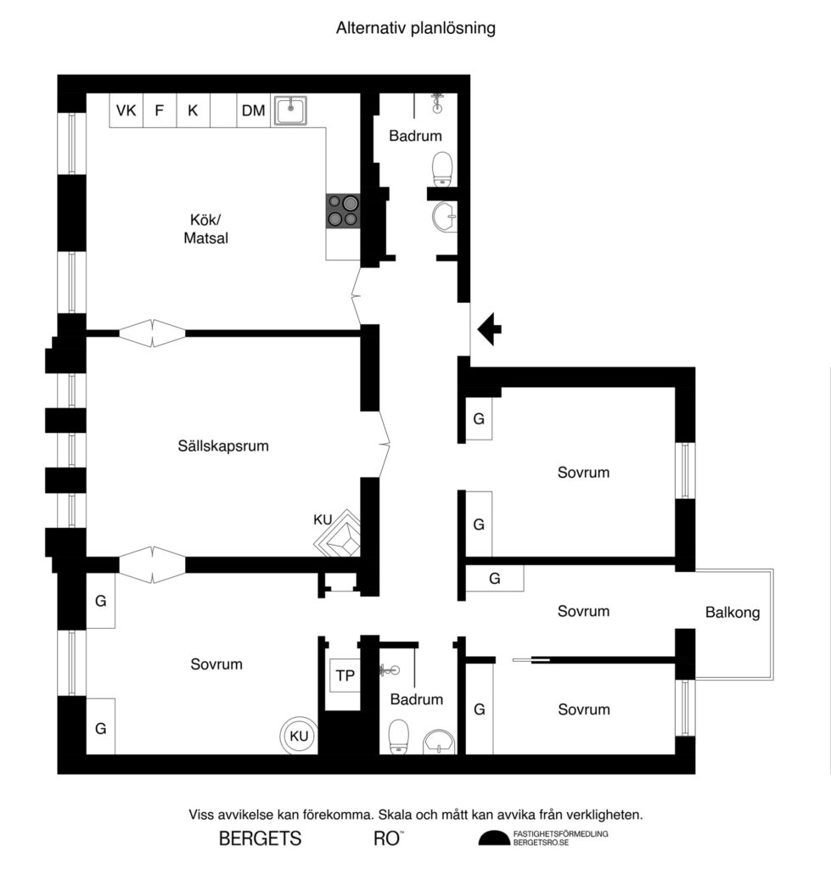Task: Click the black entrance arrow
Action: pos(490,329)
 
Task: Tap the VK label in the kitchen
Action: pos(126,110)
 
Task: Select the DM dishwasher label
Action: pos(253,110)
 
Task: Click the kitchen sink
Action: pos(290,110)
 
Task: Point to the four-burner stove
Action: pos(343,210)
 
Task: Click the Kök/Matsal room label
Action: pos(206,230)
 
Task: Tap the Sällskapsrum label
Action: pos(223,445)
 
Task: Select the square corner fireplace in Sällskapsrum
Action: pos(341,534)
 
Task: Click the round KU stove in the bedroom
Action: pos(299,736)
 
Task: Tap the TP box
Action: pos(345,676)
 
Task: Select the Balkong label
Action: pos(732,612)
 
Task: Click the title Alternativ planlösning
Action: pos(415,28)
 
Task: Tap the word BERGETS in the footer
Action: pos(260,839)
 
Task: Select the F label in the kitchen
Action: pos(159,110)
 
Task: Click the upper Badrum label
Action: pos(416,136)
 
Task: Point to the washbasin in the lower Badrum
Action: pos(438,741)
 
